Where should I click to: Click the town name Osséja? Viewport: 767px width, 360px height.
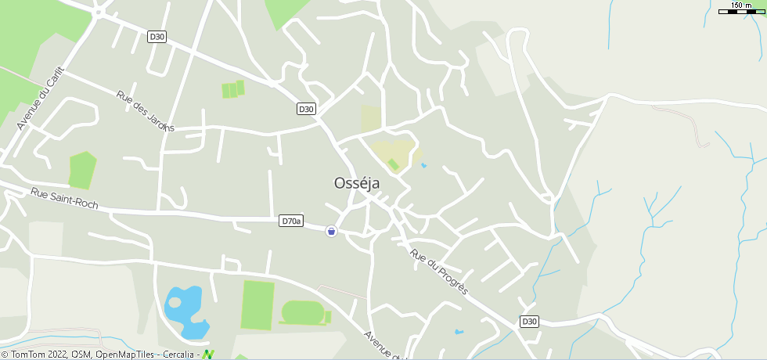(356, 183)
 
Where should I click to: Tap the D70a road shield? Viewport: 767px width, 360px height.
(290, 221)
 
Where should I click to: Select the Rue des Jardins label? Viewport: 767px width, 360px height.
(145, 110)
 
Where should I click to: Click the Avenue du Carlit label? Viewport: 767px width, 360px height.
(38, 97)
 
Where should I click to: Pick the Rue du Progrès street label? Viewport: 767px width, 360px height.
(439, 272)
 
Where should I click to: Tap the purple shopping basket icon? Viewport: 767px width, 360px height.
(331, 231)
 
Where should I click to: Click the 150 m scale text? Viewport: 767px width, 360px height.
(740, 5)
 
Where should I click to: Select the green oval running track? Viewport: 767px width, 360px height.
(303, 313)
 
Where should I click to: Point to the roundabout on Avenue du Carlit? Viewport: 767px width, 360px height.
(99, 13)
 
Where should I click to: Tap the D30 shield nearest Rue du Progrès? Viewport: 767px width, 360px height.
(529, 322)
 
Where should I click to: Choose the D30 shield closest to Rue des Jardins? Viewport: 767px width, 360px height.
(157, 37)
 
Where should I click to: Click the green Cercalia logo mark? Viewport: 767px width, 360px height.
(208, 355)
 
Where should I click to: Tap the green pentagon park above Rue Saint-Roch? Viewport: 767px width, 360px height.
(81, 171)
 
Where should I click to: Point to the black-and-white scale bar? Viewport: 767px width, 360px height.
(740, 12)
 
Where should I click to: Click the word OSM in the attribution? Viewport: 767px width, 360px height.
(82, 355)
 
